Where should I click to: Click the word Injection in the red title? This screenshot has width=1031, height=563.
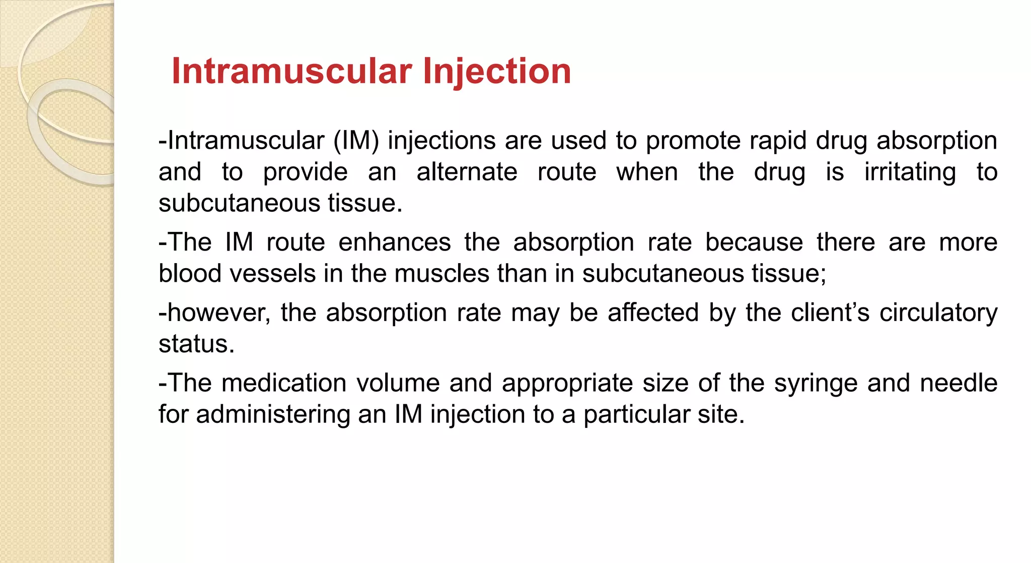tap(497, 71)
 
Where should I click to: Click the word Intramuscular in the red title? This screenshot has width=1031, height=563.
tap(292, 71)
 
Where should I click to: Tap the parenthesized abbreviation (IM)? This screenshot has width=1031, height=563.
tap(356, 141)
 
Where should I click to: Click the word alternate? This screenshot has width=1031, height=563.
tap(467, 172)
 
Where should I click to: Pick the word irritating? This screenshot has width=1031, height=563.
tap(910, 172)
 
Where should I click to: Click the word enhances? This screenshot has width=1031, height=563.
tap(394, 242)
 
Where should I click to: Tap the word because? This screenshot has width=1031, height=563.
tap(754, 242)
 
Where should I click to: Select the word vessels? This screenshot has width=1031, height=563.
tap(273, 274)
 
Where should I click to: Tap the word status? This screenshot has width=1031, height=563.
tap(196, 344)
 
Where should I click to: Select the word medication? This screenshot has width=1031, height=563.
tap(284, 383)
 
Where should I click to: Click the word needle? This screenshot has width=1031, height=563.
tap(959, 383)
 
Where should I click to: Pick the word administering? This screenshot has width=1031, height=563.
tap(273, 415)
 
